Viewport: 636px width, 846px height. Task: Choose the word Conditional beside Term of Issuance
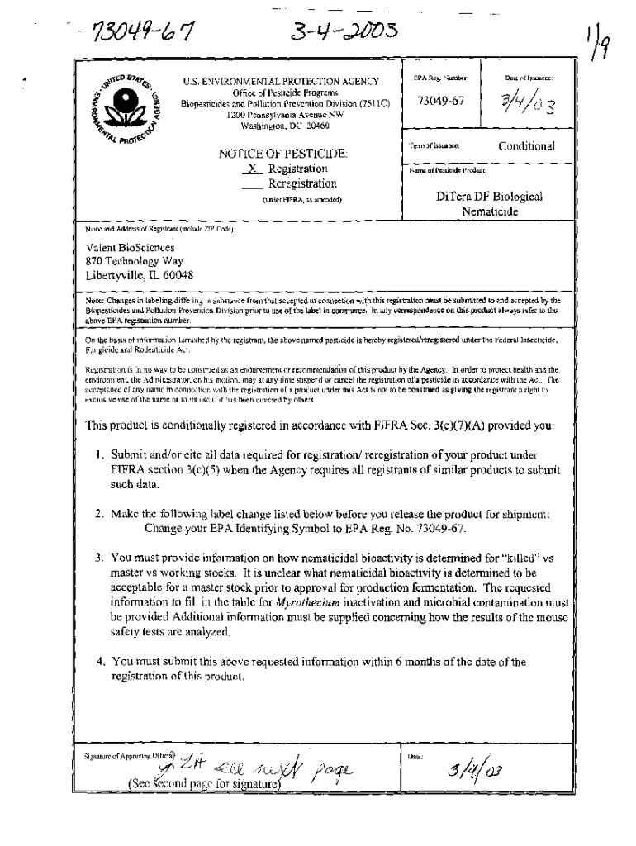(x=526, y=146)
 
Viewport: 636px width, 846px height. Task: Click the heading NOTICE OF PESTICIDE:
(x=282, y=154)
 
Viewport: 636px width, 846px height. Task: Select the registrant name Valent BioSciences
(x=125, y=246)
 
